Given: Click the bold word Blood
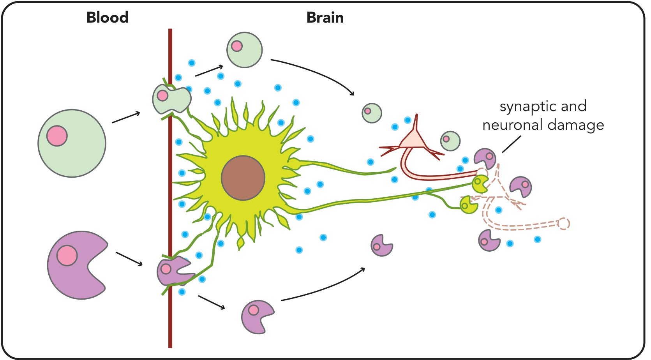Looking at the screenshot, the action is [x=107, y=18].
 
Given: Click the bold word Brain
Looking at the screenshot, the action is [x=325, y=18].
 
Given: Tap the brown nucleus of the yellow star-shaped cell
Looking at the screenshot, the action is [x=243, y=178].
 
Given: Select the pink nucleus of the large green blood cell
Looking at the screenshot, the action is [x=57, y=136].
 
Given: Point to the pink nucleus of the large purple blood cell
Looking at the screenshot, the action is [x=67, y=256].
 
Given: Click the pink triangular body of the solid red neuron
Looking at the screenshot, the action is [x=413, y=139].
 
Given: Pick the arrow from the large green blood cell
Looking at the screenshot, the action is [x=126, y=117].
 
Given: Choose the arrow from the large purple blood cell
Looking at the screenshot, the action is [x=129, y=259].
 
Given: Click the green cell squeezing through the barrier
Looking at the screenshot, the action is [x=171, y=99].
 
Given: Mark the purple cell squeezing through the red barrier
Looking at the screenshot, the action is [x=174, y=271].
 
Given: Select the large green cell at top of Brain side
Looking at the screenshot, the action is [x=244, y=50].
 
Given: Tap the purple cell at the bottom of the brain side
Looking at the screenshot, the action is [x=257, y=317].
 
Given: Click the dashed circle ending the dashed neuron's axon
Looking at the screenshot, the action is [x=563, y=223].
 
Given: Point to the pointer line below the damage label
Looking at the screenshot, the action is [x=512, y=144].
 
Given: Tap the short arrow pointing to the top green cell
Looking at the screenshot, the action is [x=209, y=71].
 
